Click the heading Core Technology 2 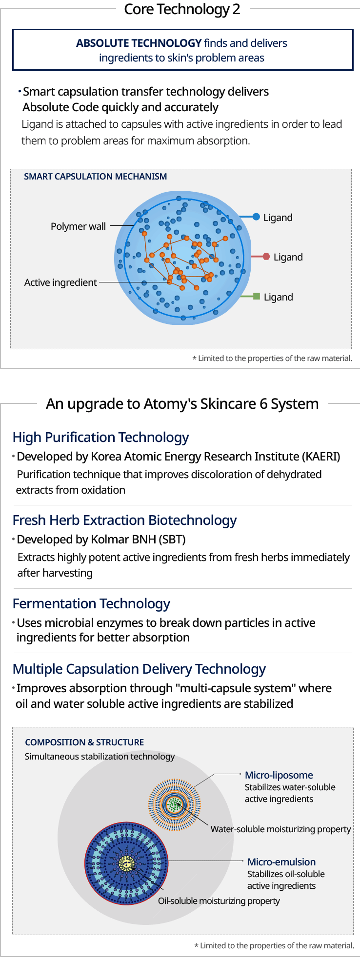pos(182,9)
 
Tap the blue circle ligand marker pos(256,217)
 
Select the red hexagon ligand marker pos(266,256)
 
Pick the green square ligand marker pos(257,296)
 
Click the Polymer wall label pos(78,226)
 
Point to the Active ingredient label pos(60,282)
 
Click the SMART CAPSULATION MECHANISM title pos(96,177)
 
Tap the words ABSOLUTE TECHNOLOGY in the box pos(139,43)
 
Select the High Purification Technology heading pos(100,438)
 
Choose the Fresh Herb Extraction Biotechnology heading pos(124,521)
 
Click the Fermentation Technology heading pos(91,604)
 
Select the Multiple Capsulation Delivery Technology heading pos(139,669)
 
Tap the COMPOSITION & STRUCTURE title pos(84,742)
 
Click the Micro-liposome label pos(279,775)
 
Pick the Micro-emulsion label pos(281,862)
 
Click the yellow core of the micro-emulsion pos(126,863)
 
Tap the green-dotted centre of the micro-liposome pos(174,804)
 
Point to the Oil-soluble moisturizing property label pos(219,901)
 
